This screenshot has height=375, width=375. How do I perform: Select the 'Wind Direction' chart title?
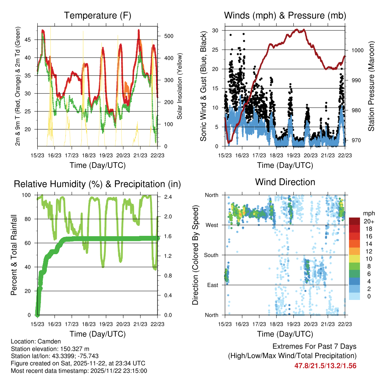pos(285,182)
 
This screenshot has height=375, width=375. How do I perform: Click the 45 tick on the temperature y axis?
pos(32,40)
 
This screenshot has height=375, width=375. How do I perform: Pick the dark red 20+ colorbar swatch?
pos(354,221)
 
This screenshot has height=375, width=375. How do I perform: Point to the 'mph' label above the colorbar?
pos(368,213)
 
